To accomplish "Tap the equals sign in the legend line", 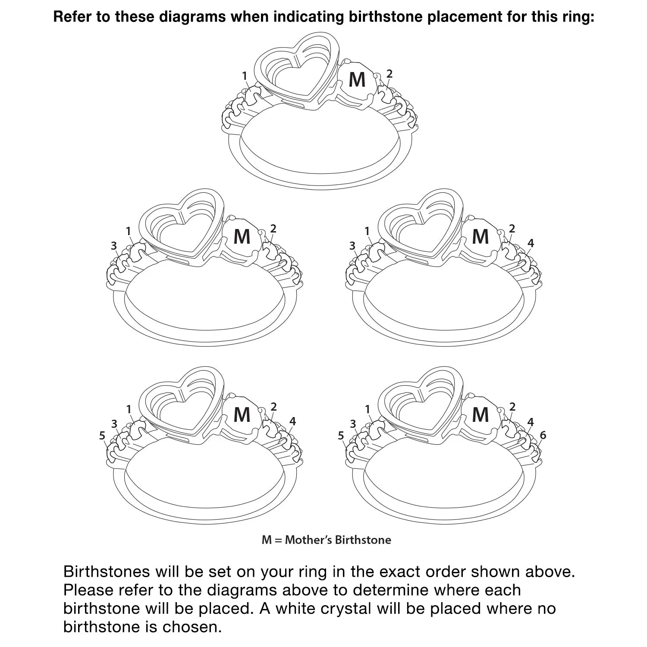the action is tap(278, 540).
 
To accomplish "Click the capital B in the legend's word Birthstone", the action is tap(339, 540).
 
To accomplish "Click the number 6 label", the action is tap(543, 435).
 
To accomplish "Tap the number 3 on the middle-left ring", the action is tap(113, 245).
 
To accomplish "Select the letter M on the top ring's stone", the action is tap(357, 79).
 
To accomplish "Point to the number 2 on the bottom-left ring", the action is tap(273, 407).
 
